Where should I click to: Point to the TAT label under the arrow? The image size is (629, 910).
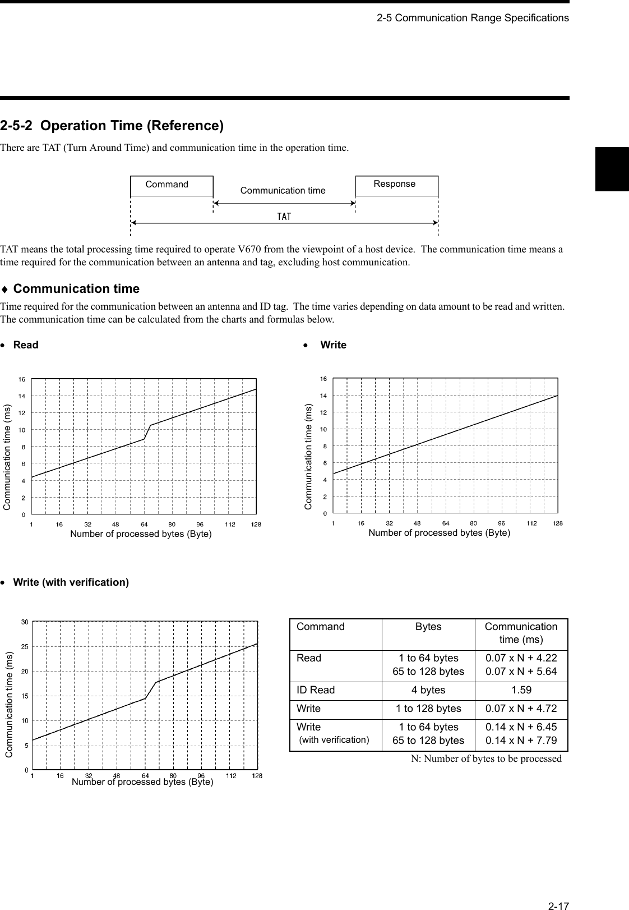point(284,217)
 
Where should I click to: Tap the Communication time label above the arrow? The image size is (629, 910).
point(283,191)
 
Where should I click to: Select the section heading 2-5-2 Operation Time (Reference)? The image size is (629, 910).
point(112,126)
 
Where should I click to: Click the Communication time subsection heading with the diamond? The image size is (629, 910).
point(76,289)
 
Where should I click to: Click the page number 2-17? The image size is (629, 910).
point(558,890)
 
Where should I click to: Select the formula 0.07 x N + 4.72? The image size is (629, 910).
point(521,709)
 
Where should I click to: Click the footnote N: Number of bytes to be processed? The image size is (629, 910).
point(486,759)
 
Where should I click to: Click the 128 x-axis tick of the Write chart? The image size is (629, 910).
point(557,523)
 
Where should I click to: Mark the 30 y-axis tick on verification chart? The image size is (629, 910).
point(25,622)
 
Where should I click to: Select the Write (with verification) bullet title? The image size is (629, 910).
point(71,582)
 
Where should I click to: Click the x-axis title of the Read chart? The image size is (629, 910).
point(141,534)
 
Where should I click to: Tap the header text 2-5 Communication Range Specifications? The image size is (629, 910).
point(472,18)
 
